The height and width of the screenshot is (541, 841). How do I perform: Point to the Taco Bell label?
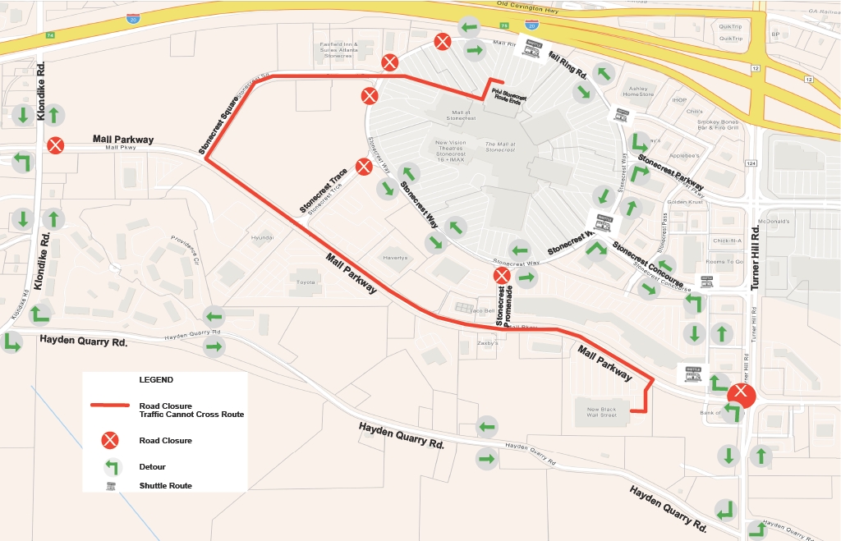pos(480,311)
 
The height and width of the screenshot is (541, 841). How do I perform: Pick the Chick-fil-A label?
pos(728,241)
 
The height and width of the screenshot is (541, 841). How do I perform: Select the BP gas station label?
pos(774,34)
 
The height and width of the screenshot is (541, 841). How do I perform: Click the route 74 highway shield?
pos(51,35)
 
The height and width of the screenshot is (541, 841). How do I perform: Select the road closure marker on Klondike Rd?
pos(55,145)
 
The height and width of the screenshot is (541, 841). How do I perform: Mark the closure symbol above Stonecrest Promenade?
pos(501,275)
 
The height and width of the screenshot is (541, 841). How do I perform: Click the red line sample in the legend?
pos(110,406)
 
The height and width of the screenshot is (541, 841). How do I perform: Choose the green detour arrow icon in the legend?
pos(110,466)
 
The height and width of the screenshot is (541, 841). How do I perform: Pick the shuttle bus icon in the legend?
pos(110,486)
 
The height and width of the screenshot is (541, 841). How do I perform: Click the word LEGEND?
pos(156,380)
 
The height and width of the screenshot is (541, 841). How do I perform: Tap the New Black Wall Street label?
pos(601,412)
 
